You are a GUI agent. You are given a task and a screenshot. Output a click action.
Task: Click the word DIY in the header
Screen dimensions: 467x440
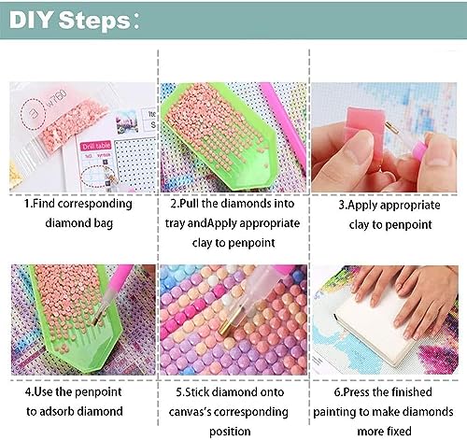pos(30,20)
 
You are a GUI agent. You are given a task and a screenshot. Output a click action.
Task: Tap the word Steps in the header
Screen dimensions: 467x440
pos(94,21)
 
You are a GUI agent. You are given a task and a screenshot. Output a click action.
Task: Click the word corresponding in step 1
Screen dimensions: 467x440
pos(95,204)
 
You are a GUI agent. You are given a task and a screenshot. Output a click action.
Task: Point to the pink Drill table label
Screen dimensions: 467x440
pos(96,146)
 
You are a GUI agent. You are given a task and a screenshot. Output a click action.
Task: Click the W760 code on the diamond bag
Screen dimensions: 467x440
pos(57,97)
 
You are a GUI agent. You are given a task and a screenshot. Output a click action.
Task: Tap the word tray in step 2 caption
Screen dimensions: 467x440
pos(175,223)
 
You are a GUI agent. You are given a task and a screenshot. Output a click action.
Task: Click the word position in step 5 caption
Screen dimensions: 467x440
pos(230,432)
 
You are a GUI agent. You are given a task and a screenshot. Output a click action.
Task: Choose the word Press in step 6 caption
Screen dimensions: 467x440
pos(358,392)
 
